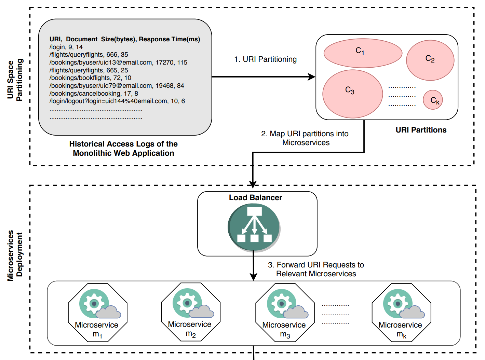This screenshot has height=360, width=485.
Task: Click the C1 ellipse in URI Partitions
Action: [363, 53]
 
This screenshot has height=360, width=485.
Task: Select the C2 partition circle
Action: [430, 60]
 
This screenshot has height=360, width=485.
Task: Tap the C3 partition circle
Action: [352, 94]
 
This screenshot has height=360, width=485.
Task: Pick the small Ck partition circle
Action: [433, 100]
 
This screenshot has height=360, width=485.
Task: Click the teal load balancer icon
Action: [254, 227]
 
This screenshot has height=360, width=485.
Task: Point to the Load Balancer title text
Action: [255, 197]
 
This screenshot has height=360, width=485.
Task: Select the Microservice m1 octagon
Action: [97, 313]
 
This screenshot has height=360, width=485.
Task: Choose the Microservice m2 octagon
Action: [190, 312]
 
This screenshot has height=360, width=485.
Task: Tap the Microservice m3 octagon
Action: [285, 313]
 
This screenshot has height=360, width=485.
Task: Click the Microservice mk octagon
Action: [401, 313]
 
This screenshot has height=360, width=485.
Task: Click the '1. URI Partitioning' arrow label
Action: [265, 59]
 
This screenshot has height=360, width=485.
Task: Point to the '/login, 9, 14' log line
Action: [66, 47]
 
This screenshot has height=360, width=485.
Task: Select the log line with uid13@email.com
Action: [118, 63]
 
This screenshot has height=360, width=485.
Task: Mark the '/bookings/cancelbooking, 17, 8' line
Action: [94, 94]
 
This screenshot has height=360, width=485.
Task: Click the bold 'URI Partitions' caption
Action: [421, 130]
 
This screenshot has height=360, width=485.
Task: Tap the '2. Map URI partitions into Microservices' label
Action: [305, 138]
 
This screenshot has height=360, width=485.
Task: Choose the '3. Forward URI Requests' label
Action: [316, 269]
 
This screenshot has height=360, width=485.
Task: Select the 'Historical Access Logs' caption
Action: [123, 149]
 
